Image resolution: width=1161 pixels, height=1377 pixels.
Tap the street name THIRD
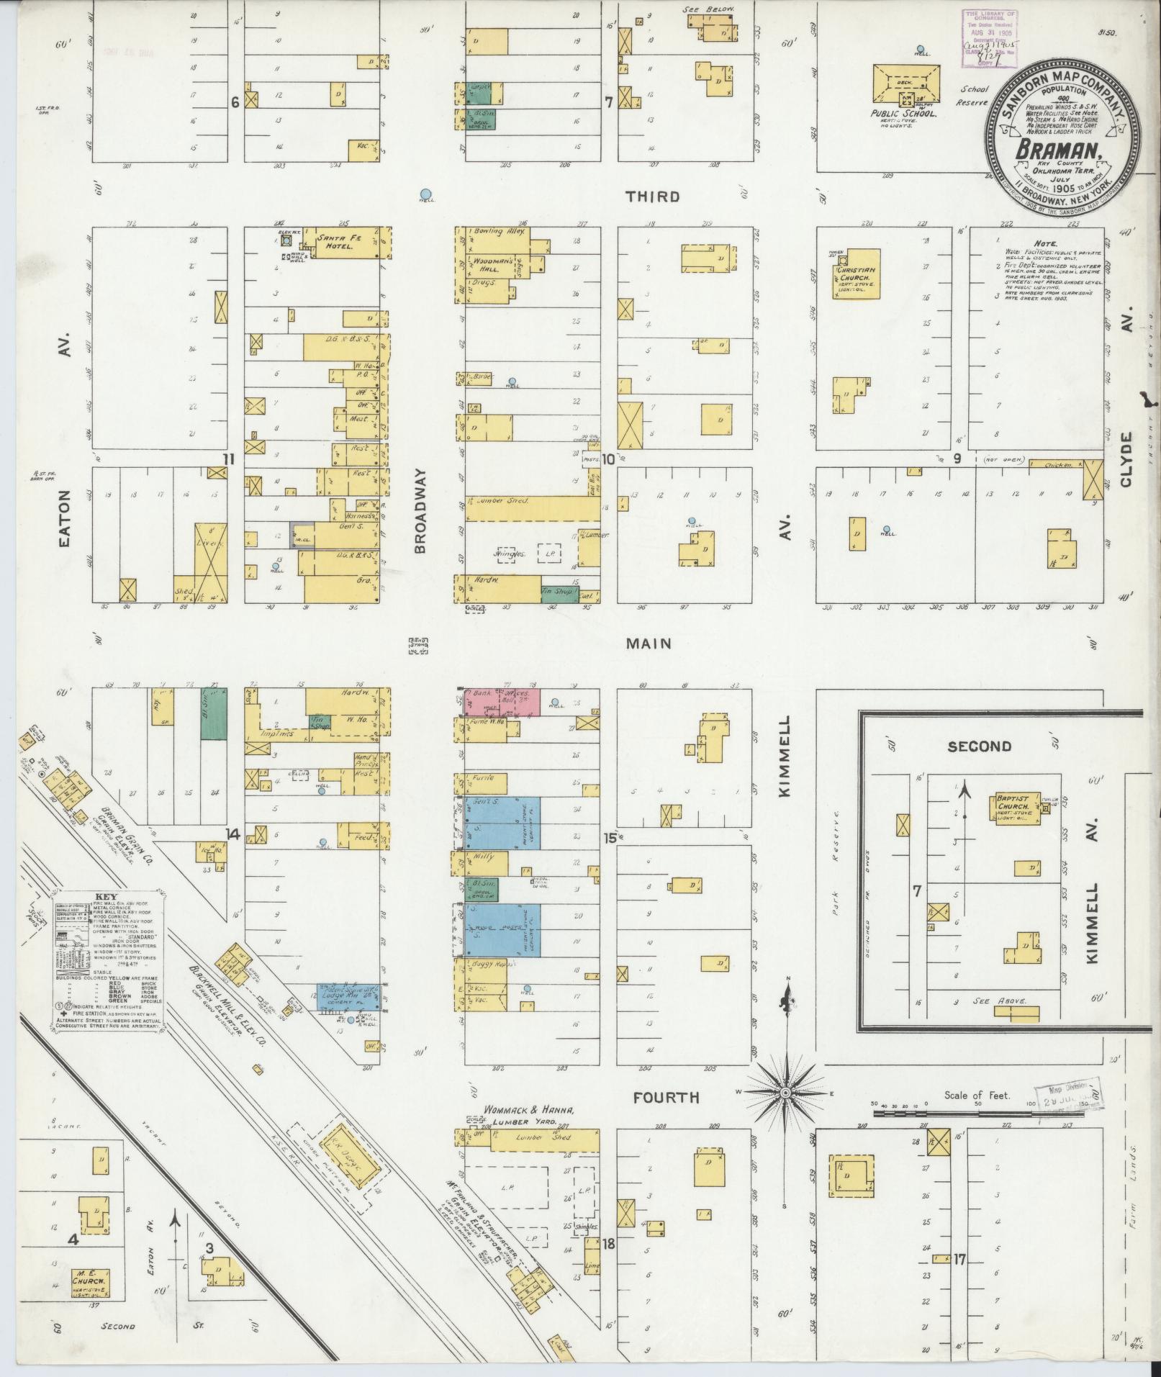(x=652, y=197)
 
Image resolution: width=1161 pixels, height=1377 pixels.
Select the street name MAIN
(x=649, y=644)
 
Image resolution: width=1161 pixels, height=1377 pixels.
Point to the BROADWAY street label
(x=421, y=510)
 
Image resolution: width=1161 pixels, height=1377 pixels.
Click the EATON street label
(x=65, y=519)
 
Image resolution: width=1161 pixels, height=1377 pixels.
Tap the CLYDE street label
(x=1126, y=459)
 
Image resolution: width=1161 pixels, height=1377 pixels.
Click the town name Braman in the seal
(x=1056, y=150)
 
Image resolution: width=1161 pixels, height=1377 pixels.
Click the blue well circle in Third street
(x=426, y=194)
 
